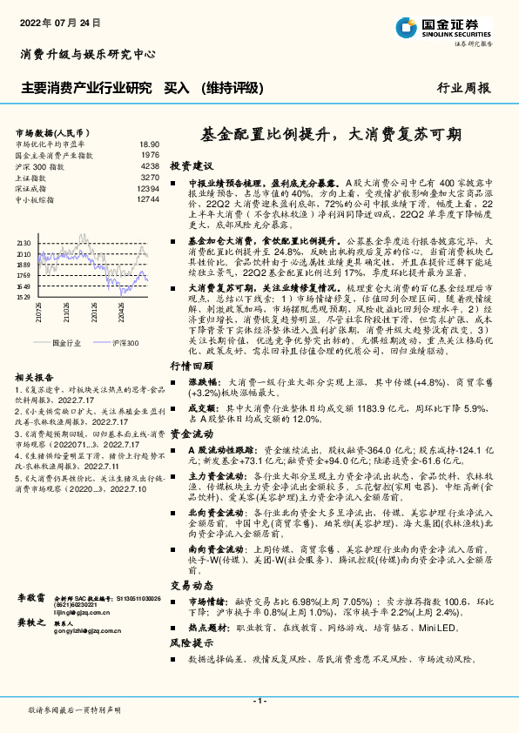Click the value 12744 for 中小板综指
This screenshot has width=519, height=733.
tap(147, 199)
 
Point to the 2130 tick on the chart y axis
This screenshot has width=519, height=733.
tap(24, 243)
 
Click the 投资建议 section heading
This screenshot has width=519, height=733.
tap(192, 165)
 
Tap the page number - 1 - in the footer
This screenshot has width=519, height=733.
tap(259, 700)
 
